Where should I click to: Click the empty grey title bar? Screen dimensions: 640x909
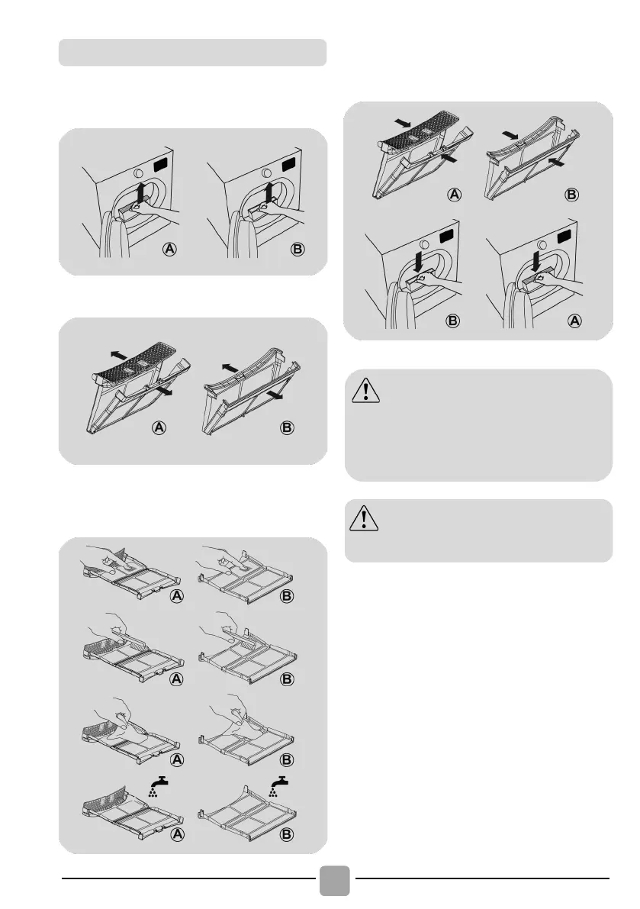pos(192,52)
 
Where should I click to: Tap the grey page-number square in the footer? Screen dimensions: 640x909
pos(334,880)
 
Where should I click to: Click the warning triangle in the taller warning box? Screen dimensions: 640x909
pos(365,389)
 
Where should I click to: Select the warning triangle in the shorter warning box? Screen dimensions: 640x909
pos(364,517)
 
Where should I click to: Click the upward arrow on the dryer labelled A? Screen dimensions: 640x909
pos(140,193)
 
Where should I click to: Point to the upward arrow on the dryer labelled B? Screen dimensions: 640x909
pos(268,193)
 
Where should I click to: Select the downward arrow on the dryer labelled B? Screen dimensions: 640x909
pos(418,262)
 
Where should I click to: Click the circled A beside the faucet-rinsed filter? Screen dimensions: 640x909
pos(177,834)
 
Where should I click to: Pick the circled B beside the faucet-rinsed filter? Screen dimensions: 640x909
pos(287,834)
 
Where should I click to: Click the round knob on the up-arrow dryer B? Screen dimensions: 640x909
pos(266,172)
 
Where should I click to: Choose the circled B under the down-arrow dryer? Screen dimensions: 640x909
pos(453,321)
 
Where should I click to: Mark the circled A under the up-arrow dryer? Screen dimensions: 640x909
pos(169,250)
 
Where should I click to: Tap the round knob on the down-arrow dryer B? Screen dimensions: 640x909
pos(424,244)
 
